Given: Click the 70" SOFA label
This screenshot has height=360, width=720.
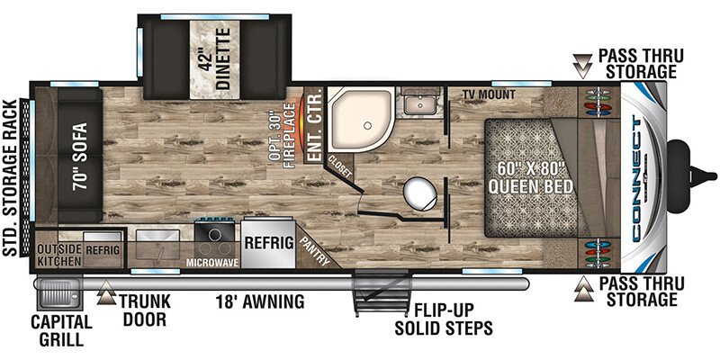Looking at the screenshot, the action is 79,157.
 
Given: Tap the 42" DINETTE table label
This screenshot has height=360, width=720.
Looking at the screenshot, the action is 215,58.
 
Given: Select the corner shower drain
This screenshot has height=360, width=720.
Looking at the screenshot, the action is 367,125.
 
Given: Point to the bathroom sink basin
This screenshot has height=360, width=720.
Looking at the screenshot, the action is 420,105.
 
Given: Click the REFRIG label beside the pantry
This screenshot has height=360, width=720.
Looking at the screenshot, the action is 268,242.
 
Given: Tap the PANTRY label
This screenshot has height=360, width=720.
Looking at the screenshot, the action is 316,252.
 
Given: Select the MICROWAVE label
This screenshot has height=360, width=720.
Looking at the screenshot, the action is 212,263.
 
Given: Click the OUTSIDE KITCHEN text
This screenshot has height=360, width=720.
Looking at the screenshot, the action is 60,256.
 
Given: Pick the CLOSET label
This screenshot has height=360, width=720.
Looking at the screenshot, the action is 340,166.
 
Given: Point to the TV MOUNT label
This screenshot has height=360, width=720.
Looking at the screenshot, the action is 488,94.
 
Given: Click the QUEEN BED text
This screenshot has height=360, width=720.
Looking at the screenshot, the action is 531,187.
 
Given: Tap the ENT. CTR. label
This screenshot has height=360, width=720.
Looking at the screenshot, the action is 315,127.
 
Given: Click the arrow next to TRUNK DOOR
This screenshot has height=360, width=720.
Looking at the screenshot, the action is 106,293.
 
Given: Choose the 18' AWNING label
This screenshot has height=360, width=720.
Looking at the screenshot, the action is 260,301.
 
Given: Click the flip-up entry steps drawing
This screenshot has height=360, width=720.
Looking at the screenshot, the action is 380,292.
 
